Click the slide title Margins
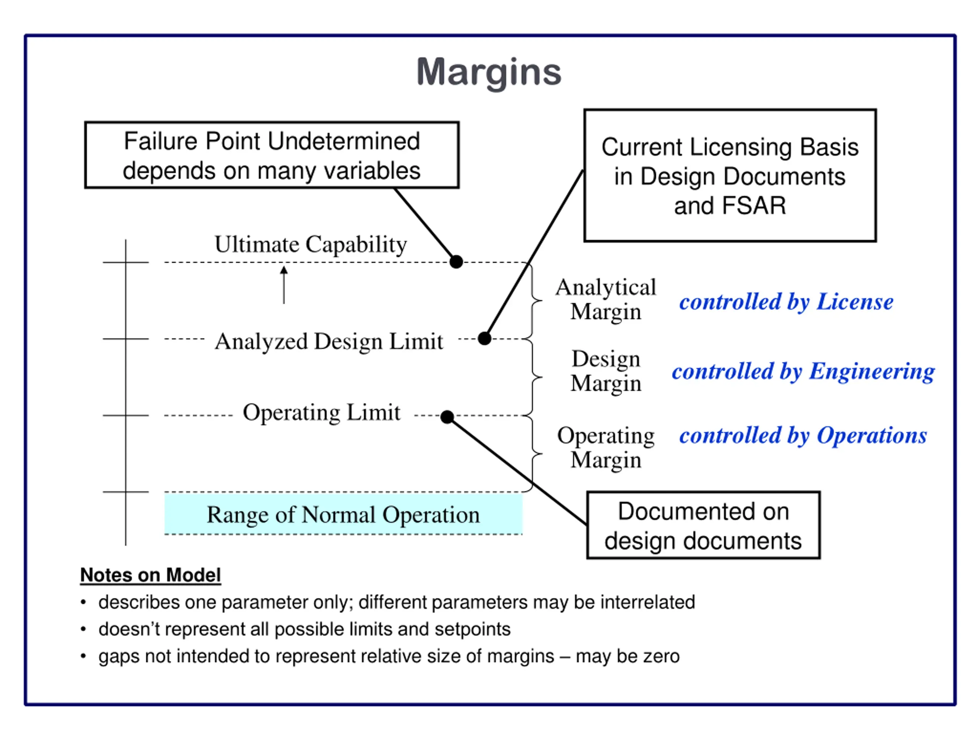[x=489, y=73]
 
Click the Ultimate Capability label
[x=311, y=245]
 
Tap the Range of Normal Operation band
[x=343, y=514]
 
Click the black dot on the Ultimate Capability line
[x=456, y=261]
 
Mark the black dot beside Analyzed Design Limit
[x=484, y=338]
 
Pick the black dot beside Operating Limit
[x=447, y=417]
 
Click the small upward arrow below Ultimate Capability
[x=284, y=284]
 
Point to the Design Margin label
[x=606, y=371]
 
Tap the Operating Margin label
[x=606, y=447]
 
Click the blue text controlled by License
[x=786, y=302]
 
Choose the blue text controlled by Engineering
[x=803, y=371]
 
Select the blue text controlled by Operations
[x=803, y=435]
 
